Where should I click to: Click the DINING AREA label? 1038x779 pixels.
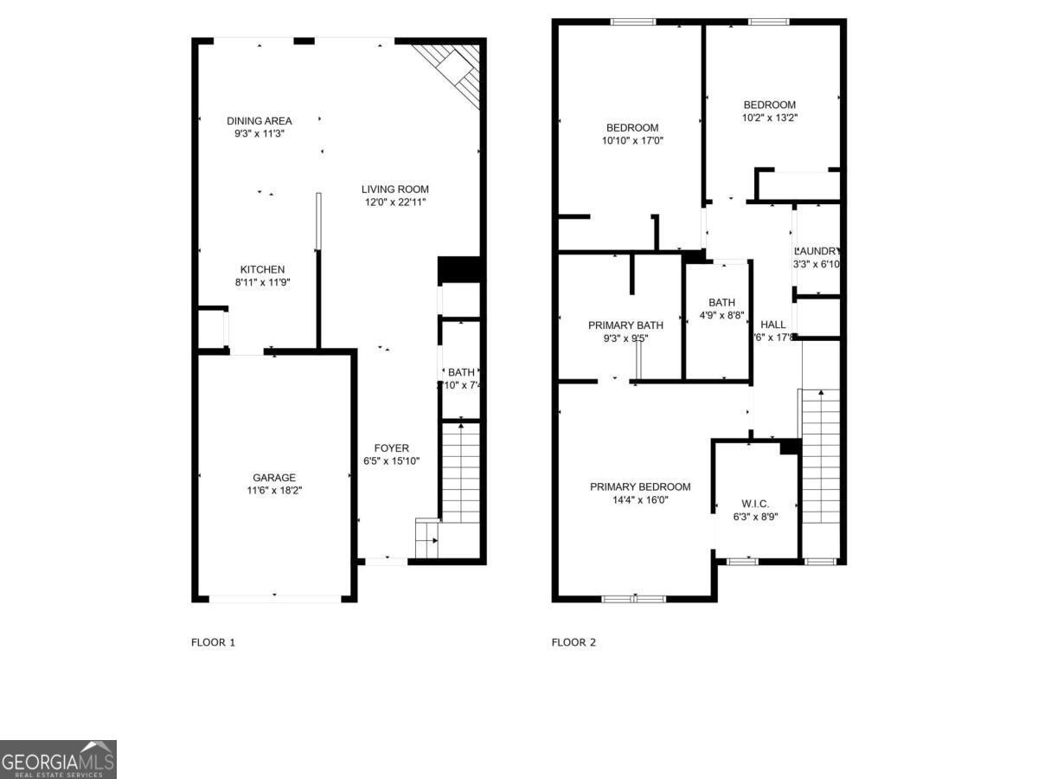(259, 121)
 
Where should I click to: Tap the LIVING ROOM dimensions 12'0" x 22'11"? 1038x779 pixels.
(394, 203)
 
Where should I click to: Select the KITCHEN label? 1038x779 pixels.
(262, 270)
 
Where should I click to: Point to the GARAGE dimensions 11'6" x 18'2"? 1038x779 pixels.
(274, 490)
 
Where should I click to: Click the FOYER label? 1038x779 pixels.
(391, 448)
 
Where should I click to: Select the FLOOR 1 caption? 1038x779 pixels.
(213, 642)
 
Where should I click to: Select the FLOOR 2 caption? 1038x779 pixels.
(573, 642)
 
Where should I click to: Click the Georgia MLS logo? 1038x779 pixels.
(58, 759)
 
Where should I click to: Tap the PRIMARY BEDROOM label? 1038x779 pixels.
(640, 487)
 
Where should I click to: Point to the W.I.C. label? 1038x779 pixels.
(755, 505)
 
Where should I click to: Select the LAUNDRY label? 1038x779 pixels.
(817, 251)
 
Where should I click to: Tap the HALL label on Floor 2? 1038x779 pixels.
(773, 325)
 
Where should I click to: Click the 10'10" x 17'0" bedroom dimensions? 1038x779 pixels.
(632, 140)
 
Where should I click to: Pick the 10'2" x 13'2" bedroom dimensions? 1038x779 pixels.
(769, 118)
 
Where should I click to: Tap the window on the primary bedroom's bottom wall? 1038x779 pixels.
(634, 598)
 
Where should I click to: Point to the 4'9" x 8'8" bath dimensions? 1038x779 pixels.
(721, 316)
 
